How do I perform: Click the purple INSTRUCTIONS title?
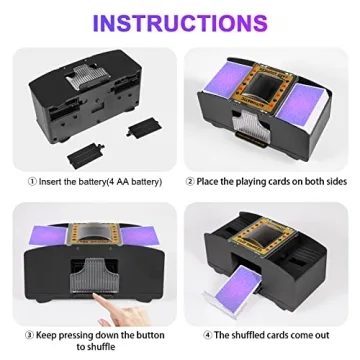point(179,22)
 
